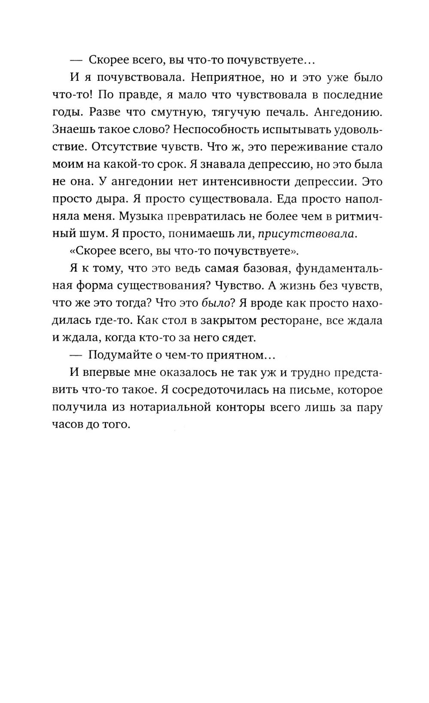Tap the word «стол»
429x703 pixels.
click(x=121, y=320)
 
